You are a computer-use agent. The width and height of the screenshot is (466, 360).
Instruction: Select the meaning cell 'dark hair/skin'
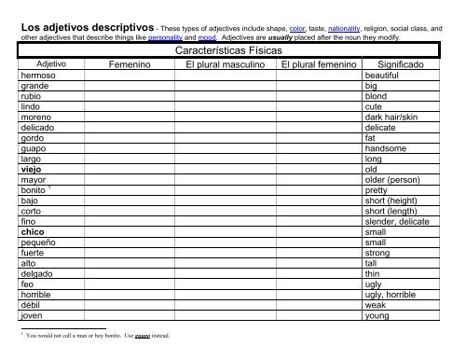(395, 123)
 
